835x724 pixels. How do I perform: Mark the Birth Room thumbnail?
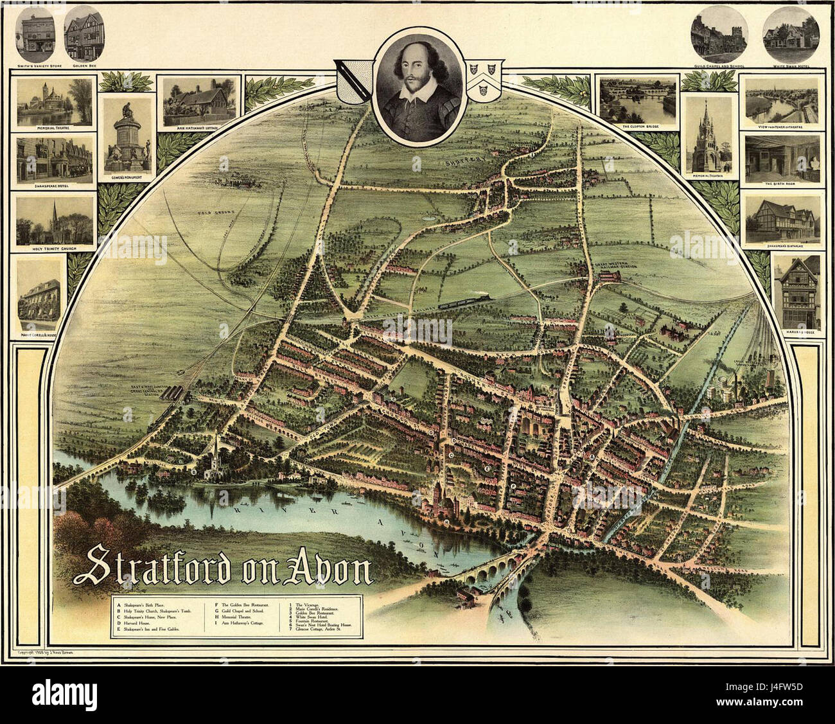click(782, 158)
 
